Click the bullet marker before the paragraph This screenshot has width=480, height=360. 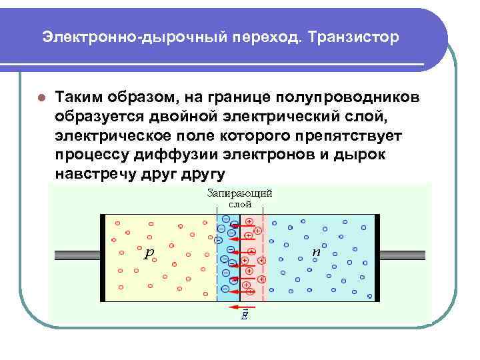pyautogui.click(x=41, y=97)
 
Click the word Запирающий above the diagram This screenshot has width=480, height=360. pyautogui.click(x=241, y=193)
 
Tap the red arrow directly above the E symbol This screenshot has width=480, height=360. pyautogui.click(x=240, y=306)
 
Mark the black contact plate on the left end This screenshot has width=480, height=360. pyautogui.click(x=103, y=257)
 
